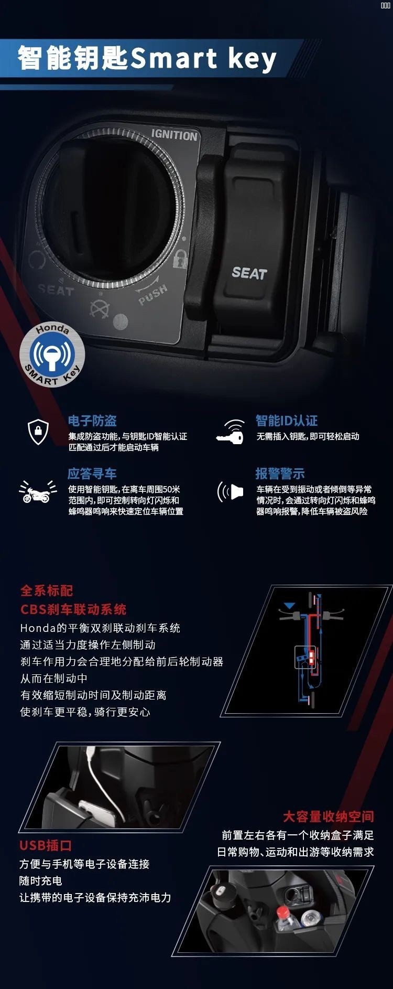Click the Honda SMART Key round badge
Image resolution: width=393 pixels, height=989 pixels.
pos(52,355)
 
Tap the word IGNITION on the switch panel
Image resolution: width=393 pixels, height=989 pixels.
pos(174,135)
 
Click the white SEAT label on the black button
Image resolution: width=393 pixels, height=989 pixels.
pos(249,273)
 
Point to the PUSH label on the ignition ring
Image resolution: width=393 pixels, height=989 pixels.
pos(153,295)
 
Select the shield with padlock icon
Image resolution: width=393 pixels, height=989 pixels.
pos(38,432)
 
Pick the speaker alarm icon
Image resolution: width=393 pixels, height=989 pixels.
pos(231,492)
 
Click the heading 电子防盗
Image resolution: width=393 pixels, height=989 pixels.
pos(92,421)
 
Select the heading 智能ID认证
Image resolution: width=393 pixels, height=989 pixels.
pos(287,421)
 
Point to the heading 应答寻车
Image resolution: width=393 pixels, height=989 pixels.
pos(92,474)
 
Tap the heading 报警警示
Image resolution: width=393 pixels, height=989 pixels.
pos(280,474)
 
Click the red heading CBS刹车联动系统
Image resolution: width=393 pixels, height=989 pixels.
pos(73,609)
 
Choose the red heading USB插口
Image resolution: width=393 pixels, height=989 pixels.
pos(46,845)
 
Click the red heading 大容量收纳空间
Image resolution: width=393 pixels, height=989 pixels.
pos(329,816)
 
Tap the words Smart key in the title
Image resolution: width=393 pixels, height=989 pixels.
pos(203,58)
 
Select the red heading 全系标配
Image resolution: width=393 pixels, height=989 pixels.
pos(47,590)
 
